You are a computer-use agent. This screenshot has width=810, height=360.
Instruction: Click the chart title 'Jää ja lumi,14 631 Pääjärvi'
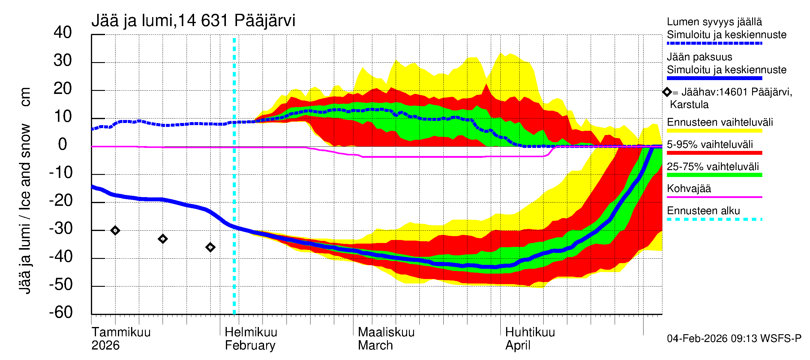(193, 21)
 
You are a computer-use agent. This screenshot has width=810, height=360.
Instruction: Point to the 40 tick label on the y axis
(63, 32)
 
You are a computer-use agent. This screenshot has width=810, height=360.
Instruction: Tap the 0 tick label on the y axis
(63, 144)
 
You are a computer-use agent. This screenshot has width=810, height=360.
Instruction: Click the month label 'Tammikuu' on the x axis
(121, 332)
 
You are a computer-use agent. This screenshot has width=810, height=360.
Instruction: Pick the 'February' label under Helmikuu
(250, 345)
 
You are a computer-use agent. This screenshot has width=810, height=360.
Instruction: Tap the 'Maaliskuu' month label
(386, 332)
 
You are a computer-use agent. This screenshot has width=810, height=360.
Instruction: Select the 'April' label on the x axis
(517, 345)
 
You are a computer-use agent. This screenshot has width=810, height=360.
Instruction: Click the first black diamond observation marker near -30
(115, 230)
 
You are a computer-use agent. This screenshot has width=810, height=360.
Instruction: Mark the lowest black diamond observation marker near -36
(210, 247)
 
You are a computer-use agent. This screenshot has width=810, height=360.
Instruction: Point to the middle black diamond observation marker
(163, 239)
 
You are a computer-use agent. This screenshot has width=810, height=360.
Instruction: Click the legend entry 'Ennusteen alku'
(703, 211)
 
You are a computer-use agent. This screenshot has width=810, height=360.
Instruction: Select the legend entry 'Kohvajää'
(688, 189)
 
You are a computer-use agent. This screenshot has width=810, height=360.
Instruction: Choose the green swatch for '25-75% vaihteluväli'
(714, 175)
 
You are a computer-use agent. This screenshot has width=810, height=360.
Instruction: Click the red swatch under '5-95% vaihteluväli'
(714, 153)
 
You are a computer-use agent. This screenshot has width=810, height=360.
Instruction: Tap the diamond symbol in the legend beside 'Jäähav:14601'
(667, 92)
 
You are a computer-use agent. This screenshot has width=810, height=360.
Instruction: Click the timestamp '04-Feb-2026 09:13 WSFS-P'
(734, 338)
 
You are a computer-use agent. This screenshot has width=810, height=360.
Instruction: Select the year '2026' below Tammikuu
(105, 345)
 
